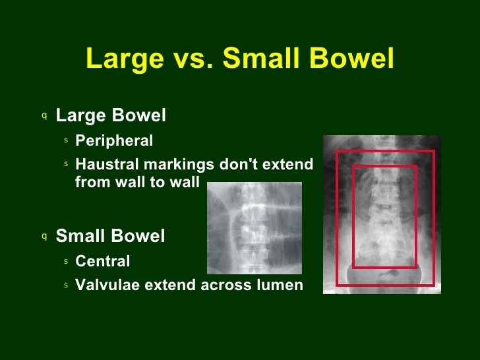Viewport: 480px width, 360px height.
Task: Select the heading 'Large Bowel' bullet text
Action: pyautogui.click(x=111, y=116)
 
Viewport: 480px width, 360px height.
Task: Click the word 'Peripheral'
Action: pyautogui.click(x=114, y=140)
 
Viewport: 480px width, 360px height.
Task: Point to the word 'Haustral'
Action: pyautogui.click(x=105, y=163)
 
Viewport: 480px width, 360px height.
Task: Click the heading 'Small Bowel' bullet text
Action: pyautogui.click(x=110, y=236)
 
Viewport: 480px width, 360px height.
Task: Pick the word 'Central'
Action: pyautogui.click(x=103, y=262)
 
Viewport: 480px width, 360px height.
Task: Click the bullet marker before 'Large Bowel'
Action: pyautogui.click(x=44, y=116)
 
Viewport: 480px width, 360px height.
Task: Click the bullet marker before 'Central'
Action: pyautogui.click(x=67, y=262)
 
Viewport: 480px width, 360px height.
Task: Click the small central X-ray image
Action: pyautogui.click(x=254, y=227)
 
